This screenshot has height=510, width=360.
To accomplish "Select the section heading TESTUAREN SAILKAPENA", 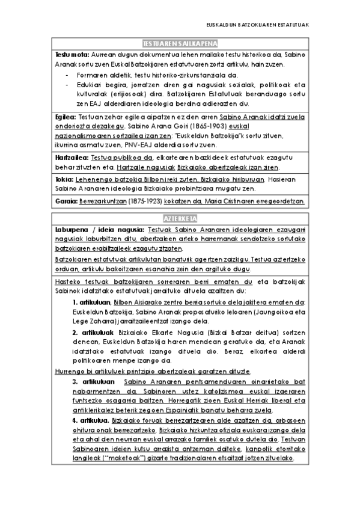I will [x=180, y=44].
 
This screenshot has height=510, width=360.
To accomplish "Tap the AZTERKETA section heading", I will [x=180, y=218].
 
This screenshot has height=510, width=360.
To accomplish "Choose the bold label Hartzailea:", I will [x=70, y=157].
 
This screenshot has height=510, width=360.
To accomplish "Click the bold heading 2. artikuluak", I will [x=92, y=331].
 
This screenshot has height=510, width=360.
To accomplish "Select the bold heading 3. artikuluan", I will [x=93, y=382].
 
